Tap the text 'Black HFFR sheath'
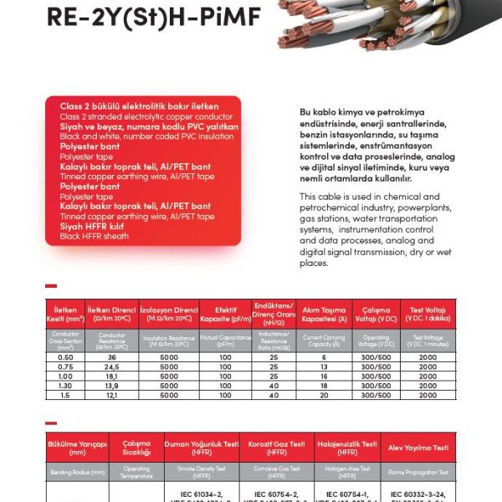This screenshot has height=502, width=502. pyautogui.click(x=95, y=237)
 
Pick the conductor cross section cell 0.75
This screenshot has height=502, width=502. pyautogui.click(x=65, y=366)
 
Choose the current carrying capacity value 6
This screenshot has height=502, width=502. pyautogui.click(x=324, y=357)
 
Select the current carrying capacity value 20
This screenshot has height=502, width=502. pyautogui.click(x=324, y=394)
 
